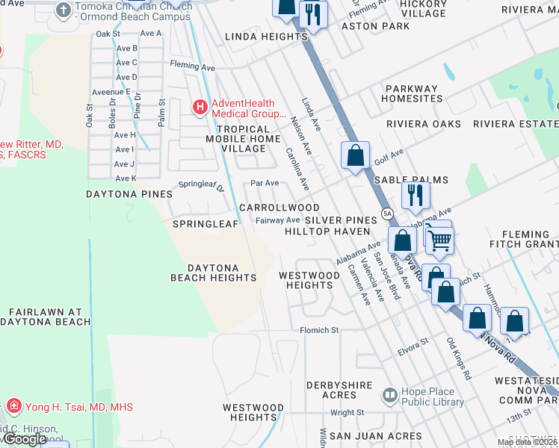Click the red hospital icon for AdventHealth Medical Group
tap(200, 108)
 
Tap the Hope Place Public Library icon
tap(389, 394)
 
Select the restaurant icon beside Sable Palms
tap(413, 195)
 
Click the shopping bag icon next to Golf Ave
tap(355, 156)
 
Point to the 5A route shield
tap(386, 214)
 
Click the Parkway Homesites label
tap(413, 93)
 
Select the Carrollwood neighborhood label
tap(279, 208)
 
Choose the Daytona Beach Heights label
tap(213, 273)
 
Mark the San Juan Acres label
tap(376, 435)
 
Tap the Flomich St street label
tap(319, 329)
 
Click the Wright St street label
tap(346, 411)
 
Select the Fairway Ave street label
tap(277, 220)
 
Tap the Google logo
tap(24, 439)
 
